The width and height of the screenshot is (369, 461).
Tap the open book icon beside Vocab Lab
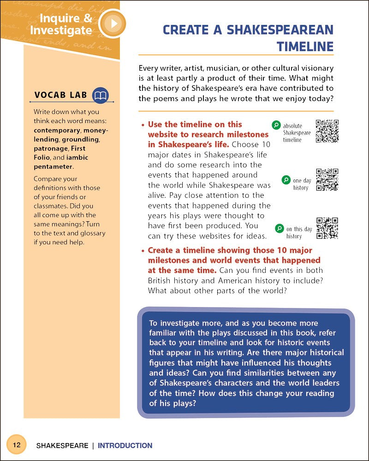[x=100, y=95]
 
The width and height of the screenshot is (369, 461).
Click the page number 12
[x=17, y=445]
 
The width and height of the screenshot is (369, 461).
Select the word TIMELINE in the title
[x=305, y=47]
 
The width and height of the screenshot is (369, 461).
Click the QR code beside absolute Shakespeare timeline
[x=327, y=131]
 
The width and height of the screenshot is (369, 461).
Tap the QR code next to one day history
[x=327, y=179]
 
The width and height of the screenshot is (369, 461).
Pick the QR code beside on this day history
[x=327, y=228]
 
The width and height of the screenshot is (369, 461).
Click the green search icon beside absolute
[x=276, y=124]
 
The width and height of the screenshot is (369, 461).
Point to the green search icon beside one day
[x=286, y=180]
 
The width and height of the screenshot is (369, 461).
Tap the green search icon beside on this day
[x=279, y=228]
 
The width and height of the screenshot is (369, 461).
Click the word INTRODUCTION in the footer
[x=125, y=446]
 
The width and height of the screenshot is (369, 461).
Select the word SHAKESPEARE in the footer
[x=62, y=446]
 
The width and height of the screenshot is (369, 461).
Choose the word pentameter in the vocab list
[x=53, y=166]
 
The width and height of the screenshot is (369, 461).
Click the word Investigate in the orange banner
[x=61, y=31]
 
